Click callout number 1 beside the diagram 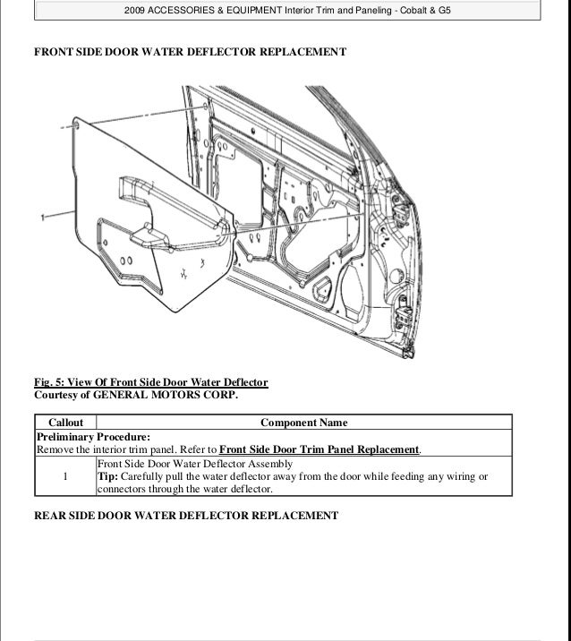(43, 217)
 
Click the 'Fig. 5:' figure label (51, 382)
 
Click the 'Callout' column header (64, 423)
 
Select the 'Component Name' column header (303, 423)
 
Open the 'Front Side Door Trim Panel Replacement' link (319, 449)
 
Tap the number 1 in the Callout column (65, 476)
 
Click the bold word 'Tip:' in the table (107, 477)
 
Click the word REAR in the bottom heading (53, 516)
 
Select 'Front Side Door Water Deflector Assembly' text (194, 464)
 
